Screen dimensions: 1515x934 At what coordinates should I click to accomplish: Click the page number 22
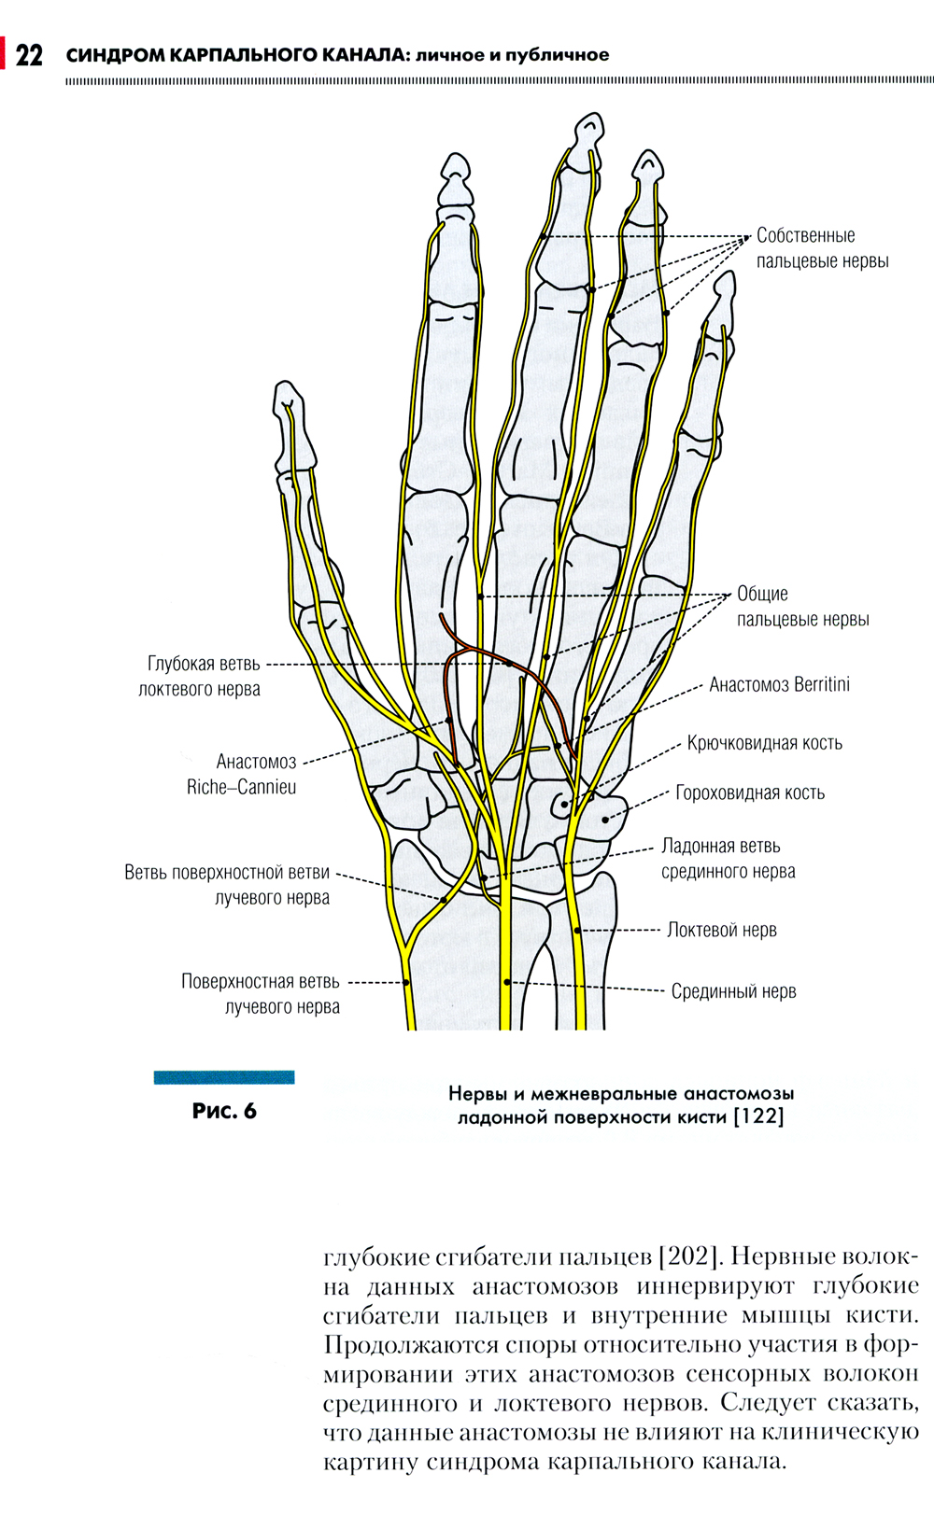[x=29, y=55]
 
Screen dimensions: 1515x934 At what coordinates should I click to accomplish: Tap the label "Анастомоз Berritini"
[x=779, y=684]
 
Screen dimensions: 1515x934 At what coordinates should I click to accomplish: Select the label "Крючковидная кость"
[x=764, y=743]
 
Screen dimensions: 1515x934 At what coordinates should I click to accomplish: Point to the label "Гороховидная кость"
[x=750, y=793]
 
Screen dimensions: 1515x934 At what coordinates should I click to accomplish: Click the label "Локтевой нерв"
[x=721, y=930]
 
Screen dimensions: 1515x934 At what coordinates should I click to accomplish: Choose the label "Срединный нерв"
[x=733, y=991]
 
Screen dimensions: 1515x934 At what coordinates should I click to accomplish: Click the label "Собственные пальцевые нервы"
[x=822, y=248]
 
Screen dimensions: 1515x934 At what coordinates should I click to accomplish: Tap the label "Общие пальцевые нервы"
[x=802, y=607]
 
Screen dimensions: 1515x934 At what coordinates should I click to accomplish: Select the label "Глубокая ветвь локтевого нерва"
[x=199, y=677]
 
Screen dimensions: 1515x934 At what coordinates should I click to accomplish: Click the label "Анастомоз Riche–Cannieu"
[x=243, y=774]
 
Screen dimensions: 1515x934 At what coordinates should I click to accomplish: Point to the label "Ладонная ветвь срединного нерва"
[x=728, y=859]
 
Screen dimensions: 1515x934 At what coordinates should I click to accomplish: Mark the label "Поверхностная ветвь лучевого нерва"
[x=261, y=994]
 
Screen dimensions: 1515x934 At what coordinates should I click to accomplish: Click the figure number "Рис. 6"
[x=224, y=1111]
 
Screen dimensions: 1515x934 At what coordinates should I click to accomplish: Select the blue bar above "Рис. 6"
[x=224, y=1077]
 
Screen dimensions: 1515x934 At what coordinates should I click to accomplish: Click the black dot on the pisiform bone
[x=605, y=821]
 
